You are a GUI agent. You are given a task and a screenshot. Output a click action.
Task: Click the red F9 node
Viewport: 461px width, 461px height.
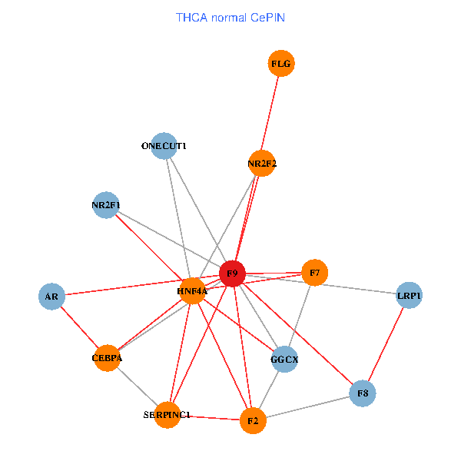pyautogui.click(x=232, y=274)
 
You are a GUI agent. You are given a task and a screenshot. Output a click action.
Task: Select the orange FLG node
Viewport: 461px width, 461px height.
pyautogui.click(x=282, y=63)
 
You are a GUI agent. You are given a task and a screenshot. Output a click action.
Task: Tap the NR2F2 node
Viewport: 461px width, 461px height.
pyautogui.click(x=262, y=163)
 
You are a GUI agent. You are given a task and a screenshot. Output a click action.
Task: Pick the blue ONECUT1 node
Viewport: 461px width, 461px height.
pyautogui.click(x=164, y=145)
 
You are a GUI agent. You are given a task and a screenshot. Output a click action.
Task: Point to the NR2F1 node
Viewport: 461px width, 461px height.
pyautogui.click(x=105, y=205)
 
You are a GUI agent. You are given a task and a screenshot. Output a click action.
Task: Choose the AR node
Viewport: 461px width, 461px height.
pyautogui.click(x=51, y=296)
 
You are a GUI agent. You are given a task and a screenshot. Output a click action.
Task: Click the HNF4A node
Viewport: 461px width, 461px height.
pyautogui.click(x=192, y=291)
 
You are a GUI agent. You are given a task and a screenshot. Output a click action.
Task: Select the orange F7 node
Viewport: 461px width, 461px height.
pyautogui.click(x=314, y=273)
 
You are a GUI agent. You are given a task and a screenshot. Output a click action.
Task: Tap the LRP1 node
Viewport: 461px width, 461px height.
pyautogui.click(x=410, y=295)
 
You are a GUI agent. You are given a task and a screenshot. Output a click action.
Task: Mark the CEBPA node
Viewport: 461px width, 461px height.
pyautogui.click(x=108, y=357)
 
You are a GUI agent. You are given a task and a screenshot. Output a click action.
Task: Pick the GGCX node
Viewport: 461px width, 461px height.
pyautogui.click(x=285, y=359)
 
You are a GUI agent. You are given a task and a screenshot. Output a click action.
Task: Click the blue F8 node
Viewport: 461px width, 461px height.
pyautogui.click(x=363, y=393)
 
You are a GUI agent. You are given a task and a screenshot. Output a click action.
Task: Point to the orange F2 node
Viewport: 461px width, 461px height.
pyautogui.click(x=252, y=420)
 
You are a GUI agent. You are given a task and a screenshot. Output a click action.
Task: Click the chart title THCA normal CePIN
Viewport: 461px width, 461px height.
pyautogui.click(x=230, y=17)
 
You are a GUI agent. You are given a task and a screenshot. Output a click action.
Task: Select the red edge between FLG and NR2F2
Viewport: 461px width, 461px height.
pyautogui.click(x=272, y=113)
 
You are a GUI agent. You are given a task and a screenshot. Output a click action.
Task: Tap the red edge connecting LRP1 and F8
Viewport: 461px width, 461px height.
pyautogui.click(x=386, y=344)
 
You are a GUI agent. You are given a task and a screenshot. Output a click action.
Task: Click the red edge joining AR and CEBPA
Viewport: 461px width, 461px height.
pyautogui.click(x=79, y=327)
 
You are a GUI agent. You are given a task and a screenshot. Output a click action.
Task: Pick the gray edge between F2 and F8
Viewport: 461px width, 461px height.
pyautogui.click(x=307, y=407)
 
